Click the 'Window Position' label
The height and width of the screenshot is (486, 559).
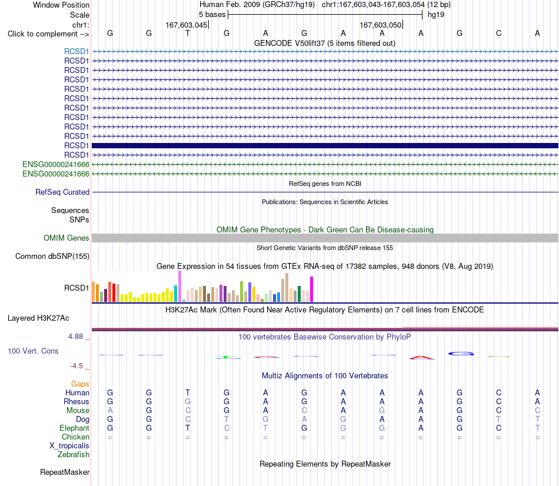click(61, 5)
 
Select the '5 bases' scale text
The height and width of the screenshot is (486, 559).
click(212, 15)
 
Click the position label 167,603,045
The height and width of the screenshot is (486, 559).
click(186, 25)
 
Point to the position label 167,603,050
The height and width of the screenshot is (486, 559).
click(380, 25)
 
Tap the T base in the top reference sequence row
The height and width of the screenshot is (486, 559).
click(188, 33)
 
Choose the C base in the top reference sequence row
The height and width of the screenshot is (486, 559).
click(498, 33)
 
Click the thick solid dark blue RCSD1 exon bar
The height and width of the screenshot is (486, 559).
click(325, 145)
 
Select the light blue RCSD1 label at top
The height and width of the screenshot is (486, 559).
click(76, 51)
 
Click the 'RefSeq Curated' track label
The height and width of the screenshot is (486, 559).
click(62, 192)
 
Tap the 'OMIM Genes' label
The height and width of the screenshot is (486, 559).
click(66, 238)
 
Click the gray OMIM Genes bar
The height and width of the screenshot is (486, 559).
click(325, 238)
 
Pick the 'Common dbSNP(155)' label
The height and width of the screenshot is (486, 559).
click(52, 256)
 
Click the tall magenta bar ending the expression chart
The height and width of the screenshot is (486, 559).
click(312, 289)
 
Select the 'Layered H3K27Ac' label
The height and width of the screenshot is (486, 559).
click(38, 318)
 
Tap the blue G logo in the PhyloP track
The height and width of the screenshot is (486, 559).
click(461, 354)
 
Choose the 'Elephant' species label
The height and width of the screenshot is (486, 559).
click(75, 428)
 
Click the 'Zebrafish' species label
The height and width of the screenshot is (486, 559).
click(74, 454)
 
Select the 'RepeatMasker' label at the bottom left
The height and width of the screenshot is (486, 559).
click(65, 472)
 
